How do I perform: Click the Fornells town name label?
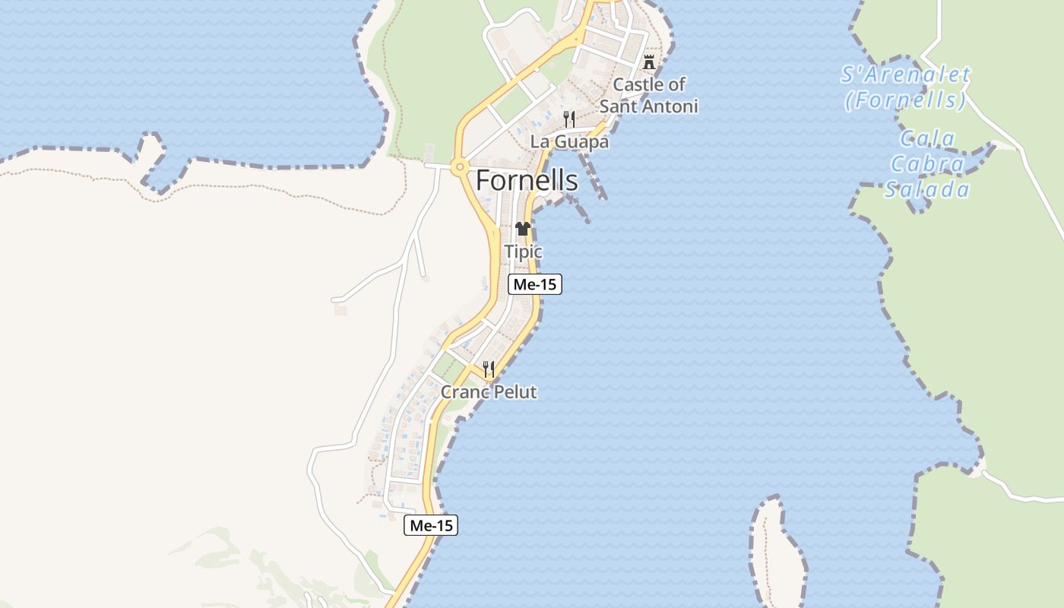click(x=527, y=181)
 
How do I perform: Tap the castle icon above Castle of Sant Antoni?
click(x=649, y=62)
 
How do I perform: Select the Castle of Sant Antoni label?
click(x=649, y=95)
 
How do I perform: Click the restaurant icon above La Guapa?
click(x=569, y=119)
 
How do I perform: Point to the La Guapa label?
click(x=569, y=142)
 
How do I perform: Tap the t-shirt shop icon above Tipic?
click(x=522, y=228)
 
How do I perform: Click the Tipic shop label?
click(x=524, y=252)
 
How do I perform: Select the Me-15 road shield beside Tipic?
click(x=535, y=285)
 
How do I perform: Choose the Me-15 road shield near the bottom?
click(x=431, y=525)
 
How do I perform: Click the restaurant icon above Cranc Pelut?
click(x=489, y=370)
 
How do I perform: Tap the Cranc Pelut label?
click(x=489, y=392)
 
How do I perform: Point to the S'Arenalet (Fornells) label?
click(x=905, y=87)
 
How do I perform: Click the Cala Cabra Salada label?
click(x=927, y=164)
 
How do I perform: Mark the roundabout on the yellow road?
click(x=459, y=166)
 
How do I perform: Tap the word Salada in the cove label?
click(x=927, y=190)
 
